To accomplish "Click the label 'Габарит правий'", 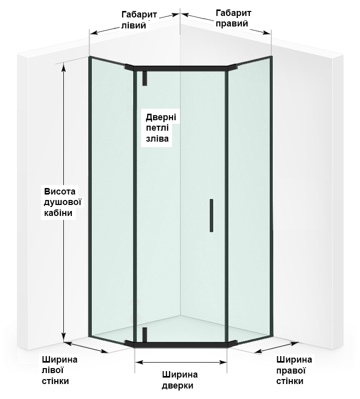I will pos(233,17).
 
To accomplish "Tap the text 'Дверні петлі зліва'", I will pos(159,128).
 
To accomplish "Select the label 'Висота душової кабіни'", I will pos(61,202).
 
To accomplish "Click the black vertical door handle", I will pos(211,215).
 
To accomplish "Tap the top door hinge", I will pos(144,77).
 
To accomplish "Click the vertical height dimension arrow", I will pos(64,199).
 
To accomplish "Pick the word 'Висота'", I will pos(59,192).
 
